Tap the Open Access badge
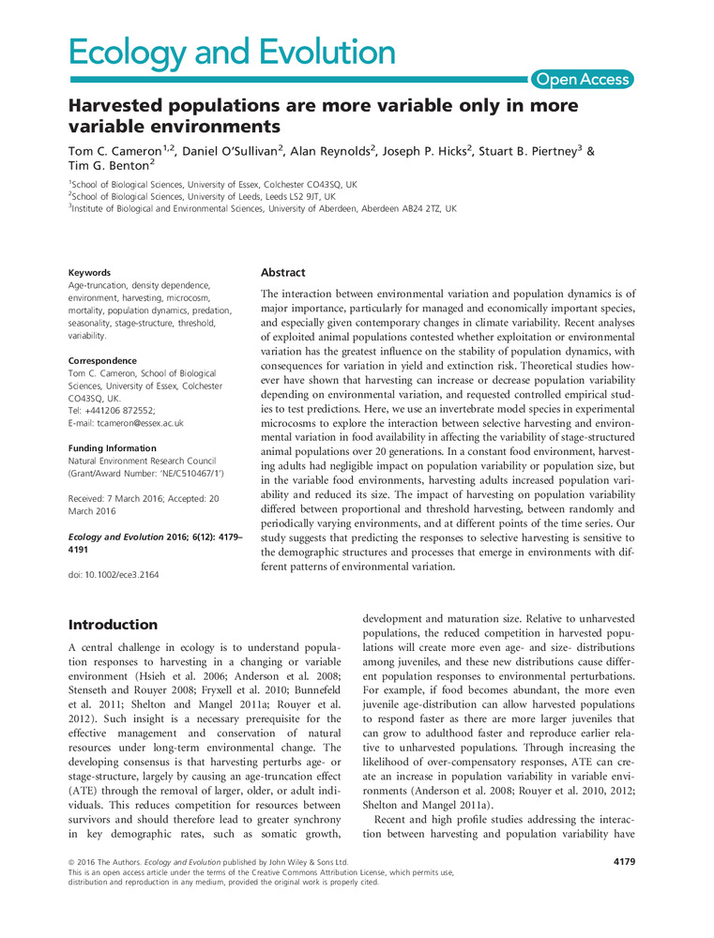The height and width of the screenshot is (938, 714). coord(582,81)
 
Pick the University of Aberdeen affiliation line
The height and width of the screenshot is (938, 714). coord(264,208)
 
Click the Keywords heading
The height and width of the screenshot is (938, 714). coord(90,273)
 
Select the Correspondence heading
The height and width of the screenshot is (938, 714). coord(103,360)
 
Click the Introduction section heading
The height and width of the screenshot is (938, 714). coord(114,624)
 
